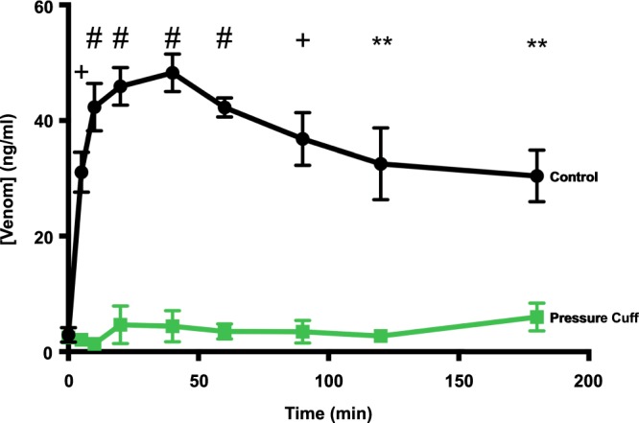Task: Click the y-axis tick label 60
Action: tap(42, 7)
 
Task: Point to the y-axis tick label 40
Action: tap(42, 121)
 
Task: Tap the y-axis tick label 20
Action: tap(42, 236)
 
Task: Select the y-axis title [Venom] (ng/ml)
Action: tap(12, 178)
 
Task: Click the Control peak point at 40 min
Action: tap(173, 73)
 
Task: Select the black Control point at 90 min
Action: tap(303, 139)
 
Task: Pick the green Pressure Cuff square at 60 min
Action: tap(225, 331)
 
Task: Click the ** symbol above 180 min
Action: tap(537, 44)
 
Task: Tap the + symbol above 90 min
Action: tap(303, 40)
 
